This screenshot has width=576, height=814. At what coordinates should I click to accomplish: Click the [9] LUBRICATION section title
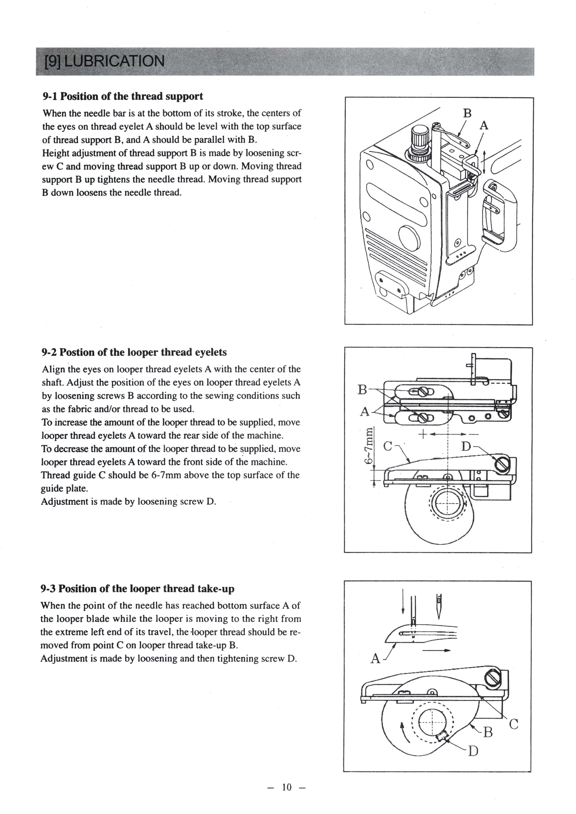point(104,61)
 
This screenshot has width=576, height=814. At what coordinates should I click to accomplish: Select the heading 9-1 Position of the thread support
point(122,97)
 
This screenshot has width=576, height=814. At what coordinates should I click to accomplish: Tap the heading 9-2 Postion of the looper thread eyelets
point(134,352)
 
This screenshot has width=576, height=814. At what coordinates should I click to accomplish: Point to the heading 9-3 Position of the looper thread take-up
point(137,589)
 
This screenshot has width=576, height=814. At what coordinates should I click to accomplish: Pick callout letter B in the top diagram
point(467,113)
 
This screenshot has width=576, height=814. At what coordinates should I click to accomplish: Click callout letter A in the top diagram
point(484,126)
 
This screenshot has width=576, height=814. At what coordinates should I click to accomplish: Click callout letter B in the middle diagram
point(362,390)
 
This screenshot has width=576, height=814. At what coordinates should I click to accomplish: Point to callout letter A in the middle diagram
point(364,412)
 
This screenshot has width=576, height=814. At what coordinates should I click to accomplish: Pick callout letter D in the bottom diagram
point(473,751)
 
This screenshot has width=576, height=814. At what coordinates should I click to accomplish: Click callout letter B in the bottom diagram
point(488,732)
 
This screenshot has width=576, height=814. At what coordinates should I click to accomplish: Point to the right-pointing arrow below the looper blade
point(436,650)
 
